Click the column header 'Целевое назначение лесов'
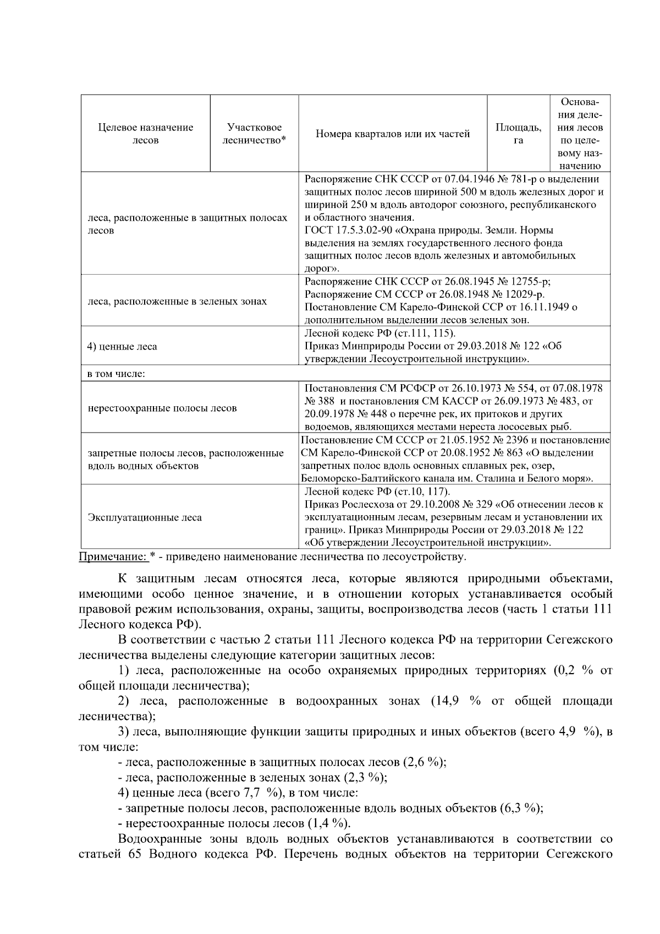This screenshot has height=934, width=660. [x=146, y=134]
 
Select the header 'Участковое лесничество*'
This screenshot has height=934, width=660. [x=254, y=134]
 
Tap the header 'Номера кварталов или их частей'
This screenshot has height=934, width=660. [x=393, y=134]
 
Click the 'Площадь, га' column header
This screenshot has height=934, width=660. [x=518, y=134]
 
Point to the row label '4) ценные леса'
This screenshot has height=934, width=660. [x=123, y=346]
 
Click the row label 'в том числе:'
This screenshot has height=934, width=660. [x=116, y=374]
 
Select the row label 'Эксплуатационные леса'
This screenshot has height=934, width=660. [x=145, y=517]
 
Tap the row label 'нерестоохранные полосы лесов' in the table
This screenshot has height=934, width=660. [x=162, y=408]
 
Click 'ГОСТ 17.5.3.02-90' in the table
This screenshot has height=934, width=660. [x=343, y=230]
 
